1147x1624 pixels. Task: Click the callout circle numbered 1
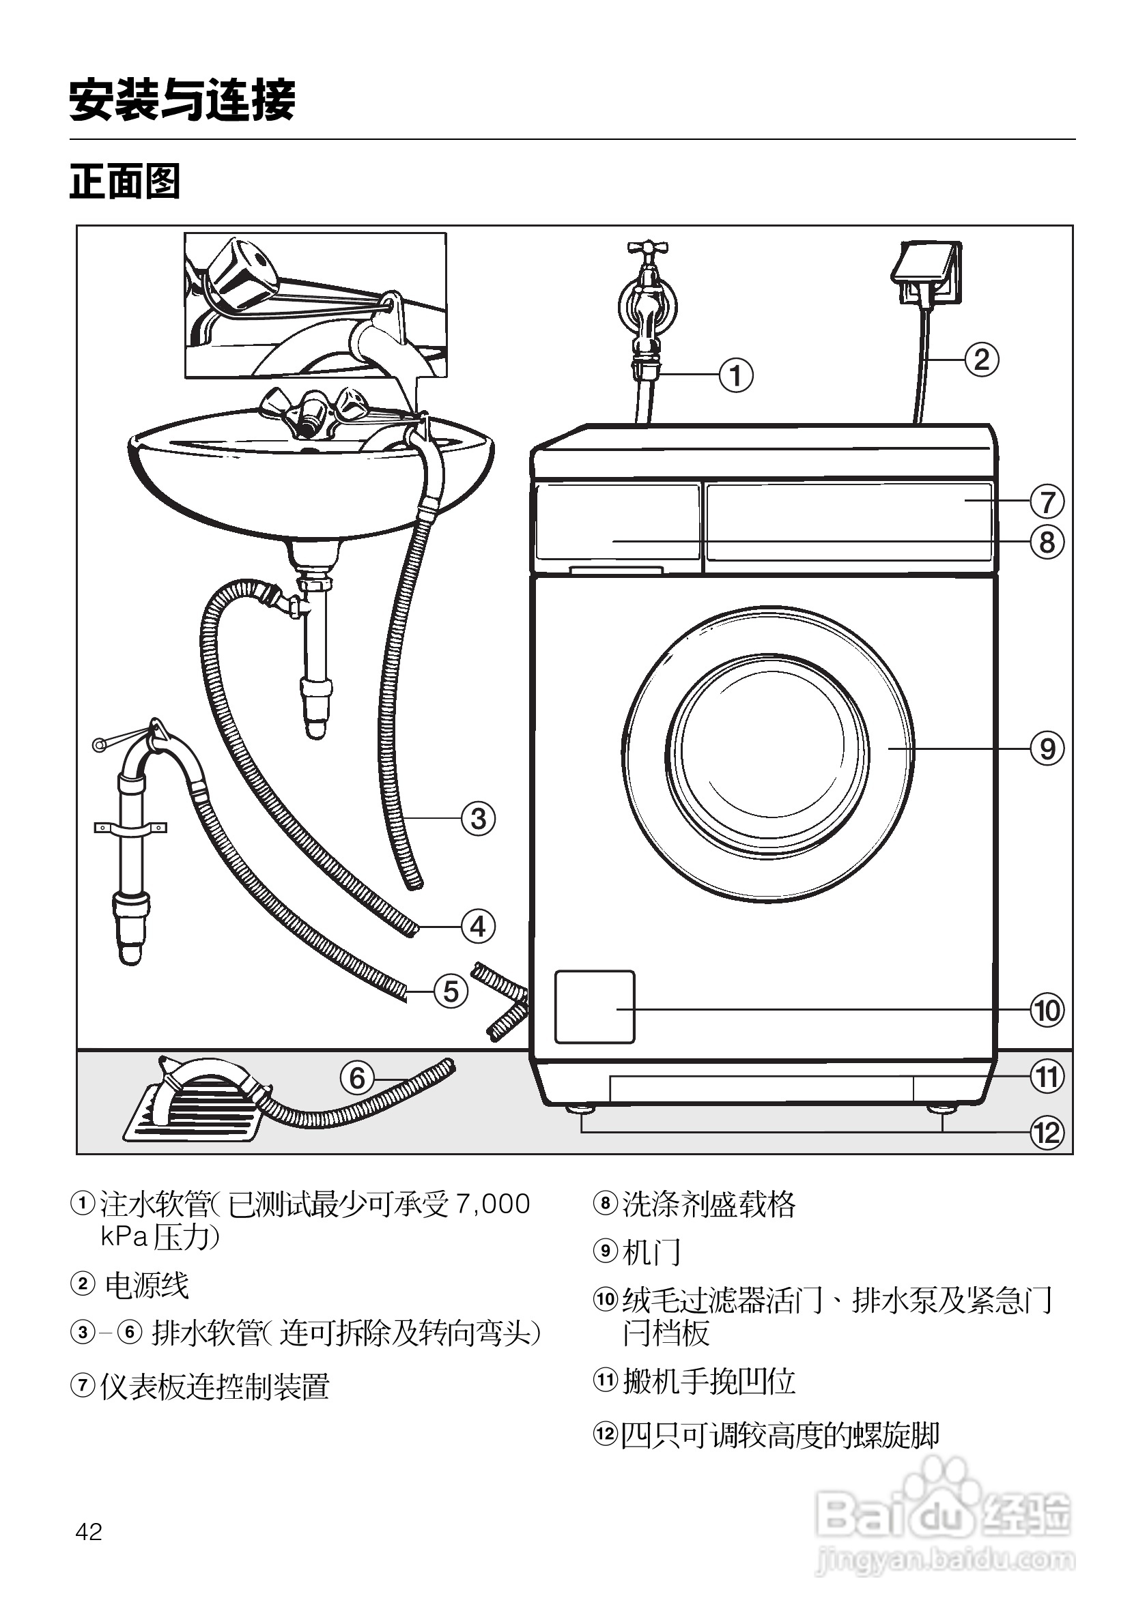(736, 375)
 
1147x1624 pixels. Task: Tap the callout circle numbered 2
(981, 360)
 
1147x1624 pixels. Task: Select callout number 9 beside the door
(1047, 749)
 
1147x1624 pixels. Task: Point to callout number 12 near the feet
(1047, 1133)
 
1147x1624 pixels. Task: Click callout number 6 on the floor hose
(357, 1078)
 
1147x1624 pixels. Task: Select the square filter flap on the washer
(595, 1006)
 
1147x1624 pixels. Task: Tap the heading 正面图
(124, 181)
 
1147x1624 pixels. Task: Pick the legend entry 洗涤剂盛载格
(708, 1204)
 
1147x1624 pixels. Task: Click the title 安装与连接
(182, 100)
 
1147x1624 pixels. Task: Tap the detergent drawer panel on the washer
(618, 522)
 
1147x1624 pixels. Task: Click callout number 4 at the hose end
(478, 927)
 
